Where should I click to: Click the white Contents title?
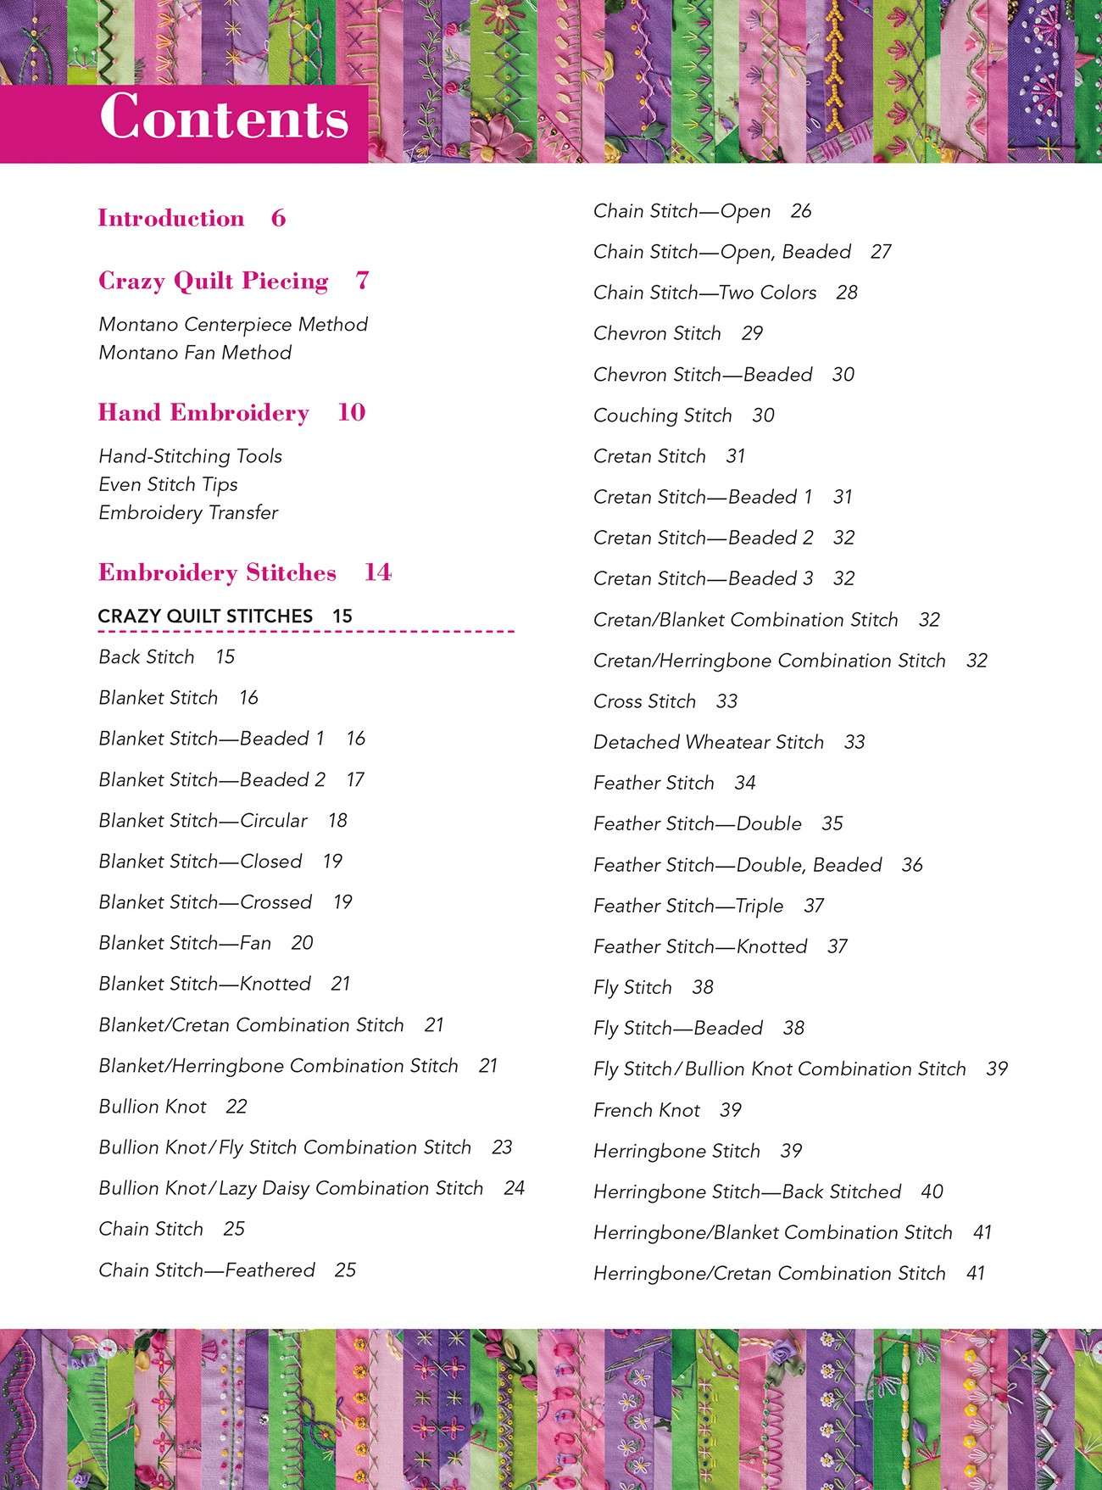coord(225,117)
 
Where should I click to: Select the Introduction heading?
coord(171,219)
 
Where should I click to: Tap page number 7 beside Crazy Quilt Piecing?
coord(363,281)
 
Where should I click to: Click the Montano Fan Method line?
coord(195,353)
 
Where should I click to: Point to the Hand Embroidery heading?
coord(203,413)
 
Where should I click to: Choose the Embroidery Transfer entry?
coord(188,513)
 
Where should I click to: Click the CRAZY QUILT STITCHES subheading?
coord(205,617)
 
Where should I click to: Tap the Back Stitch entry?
coord(147,657)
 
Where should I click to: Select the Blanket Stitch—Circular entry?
coord(203,821)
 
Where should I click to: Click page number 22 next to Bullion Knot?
coord(237,1107)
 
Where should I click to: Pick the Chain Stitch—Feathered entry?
coord(207,1270)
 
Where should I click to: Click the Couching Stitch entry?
coord(663,416)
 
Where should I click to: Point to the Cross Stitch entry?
coord(645,701)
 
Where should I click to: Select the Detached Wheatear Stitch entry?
coord(709,743)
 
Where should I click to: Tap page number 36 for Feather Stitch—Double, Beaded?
coord(912,865)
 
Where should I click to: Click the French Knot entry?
coord(647,1110)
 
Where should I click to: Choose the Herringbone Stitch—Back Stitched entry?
coord(747,1192)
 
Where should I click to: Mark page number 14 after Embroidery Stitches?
coord(378,573)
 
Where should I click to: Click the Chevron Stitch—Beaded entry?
coord(703,375)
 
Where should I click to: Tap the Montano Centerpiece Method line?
coord(233,325)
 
